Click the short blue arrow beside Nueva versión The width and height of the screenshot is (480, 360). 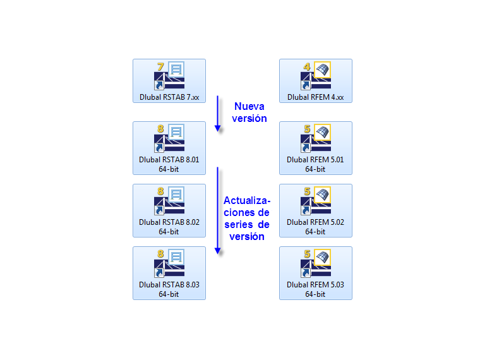[x=218, y=114]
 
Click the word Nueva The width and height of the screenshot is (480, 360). [x=249, y=106]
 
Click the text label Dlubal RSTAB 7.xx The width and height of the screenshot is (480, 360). [x=169, y=98]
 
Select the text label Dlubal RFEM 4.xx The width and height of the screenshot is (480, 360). [x=316, y=98]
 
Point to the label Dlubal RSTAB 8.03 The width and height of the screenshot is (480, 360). [x=169, y=285]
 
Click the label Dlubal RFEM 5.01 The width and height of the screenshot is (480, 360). [x=316, y=160]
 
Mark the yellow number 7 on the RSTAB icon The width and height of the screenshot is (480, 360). [x=160, y=66]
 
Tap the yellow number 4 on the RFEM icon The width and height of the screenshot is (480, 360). [x=307, y=66]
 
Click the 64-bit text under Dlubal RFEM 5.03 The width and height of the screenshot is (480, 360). [x=316, y=294]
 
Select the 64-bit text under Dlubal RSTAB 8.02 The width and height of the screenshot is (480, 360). [x=169, y=231]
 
